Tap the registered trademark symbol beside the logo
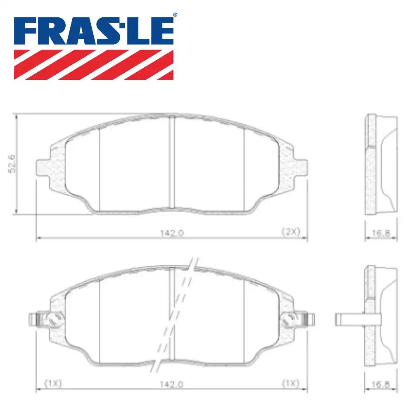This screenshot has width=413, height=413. tap(175, 15)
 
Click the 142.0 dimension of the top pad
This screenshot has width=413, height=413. tap(172, 232)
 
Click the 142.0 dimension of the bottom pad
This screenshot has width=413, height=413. tap(172, 383)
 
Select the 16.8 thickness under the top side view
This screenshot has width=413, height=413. tap(381, 233)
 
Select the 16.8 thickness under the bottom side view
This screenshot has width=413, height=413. tap(381, 384)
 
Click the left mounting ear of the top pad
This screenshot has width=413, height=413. tap(43, 167)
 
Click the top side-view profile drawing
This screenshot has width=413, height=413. tap(381, 164)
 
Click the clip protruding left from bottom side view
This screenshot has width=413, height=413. tap(347, 318)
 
